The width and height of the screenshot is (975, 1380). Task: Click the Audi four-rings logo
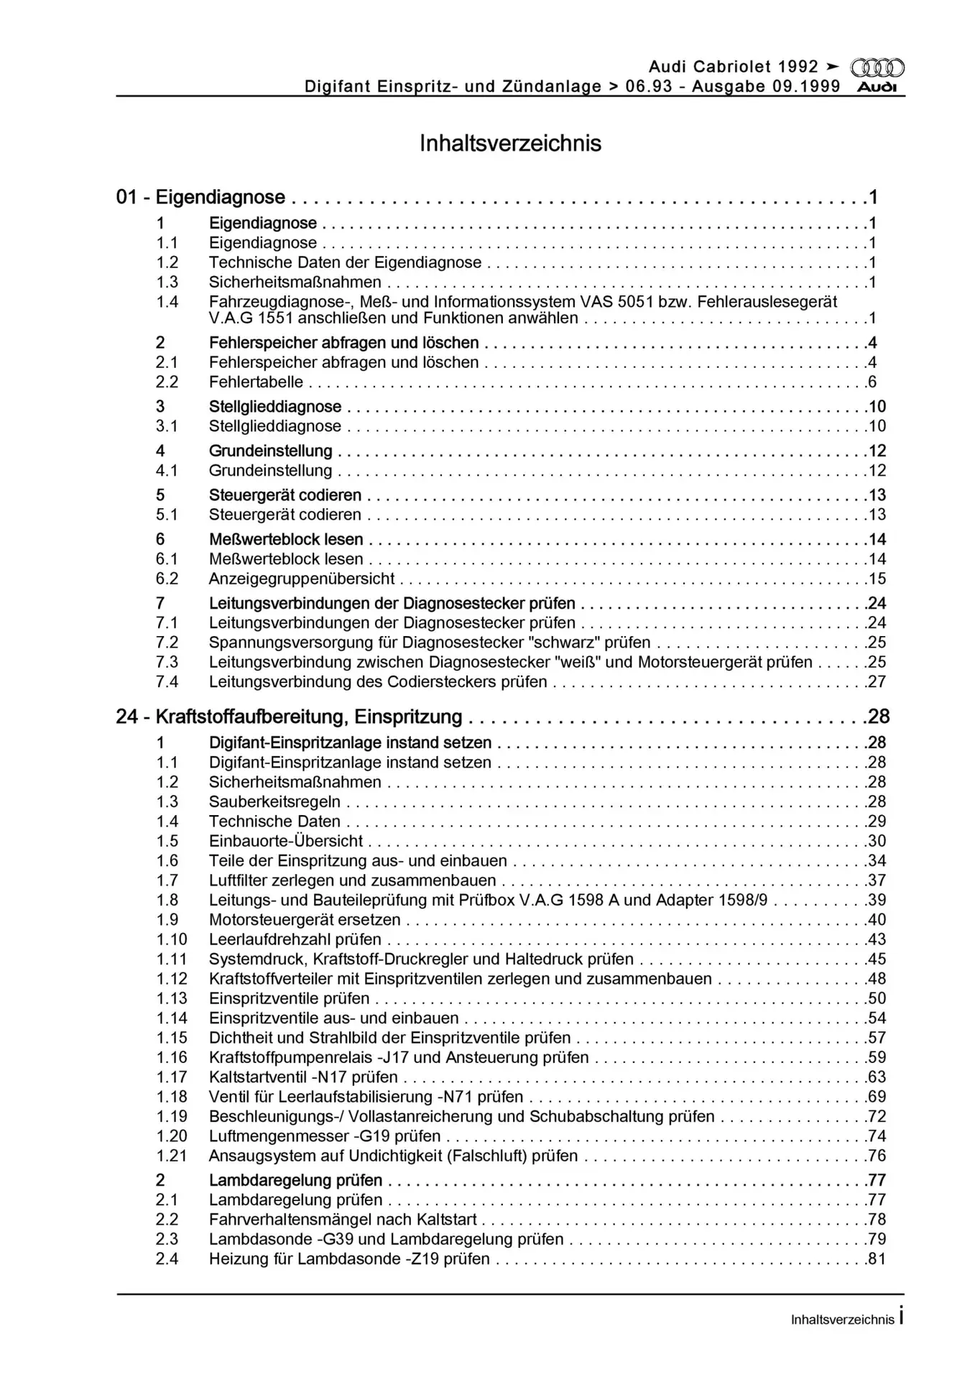pos(877,68)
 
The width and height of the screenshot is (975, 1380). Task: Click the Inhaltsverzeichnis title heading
pos(510,143)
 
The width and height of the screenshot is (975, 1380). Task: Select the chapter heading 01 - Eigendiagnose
pos(200,197)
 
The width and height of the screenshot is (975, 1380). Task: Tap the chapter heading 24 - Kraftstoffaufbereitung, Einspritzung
pos(289,717)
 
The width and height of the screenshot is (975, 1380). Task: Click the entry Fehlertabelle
pos(256,382)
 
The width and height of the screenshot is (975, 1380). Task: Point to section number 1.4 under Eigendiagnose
pos(167,302)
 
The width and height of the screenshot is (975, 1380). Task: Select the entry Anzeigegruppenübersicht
pos(302,579)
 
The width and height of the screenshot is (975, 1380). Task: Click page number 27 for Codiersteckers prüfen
pos(877,682)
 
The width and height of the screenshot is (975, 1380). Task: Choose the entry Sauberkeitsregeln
pos(274,802)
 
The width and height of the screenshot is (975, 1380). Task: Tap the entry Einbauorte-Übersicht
pos(286,841)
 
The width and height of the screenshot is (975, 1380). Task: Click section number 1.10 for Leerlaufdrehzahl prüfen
pos(172,939)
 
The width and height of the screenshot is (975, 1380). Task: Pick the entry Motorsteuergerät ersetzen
pos(305,920)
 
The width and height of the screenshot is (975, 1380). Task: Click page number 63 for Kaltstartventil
pos(877,1077)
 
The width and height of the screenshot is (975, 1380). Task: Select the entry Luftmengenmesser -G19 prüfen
pos(325,1136)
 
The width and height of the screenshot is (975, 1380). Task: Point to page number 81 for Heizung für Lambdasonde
pos(877,1259)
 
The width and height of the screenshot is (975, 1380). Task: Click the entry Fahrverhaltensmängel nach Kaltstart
pos(343,1220)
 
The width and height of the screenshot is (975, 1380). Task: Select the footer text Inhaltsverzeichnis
pos(842,1320)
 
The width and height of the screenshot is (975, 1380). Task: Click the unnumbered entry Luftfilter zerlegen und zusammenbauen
pos(352,880)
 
